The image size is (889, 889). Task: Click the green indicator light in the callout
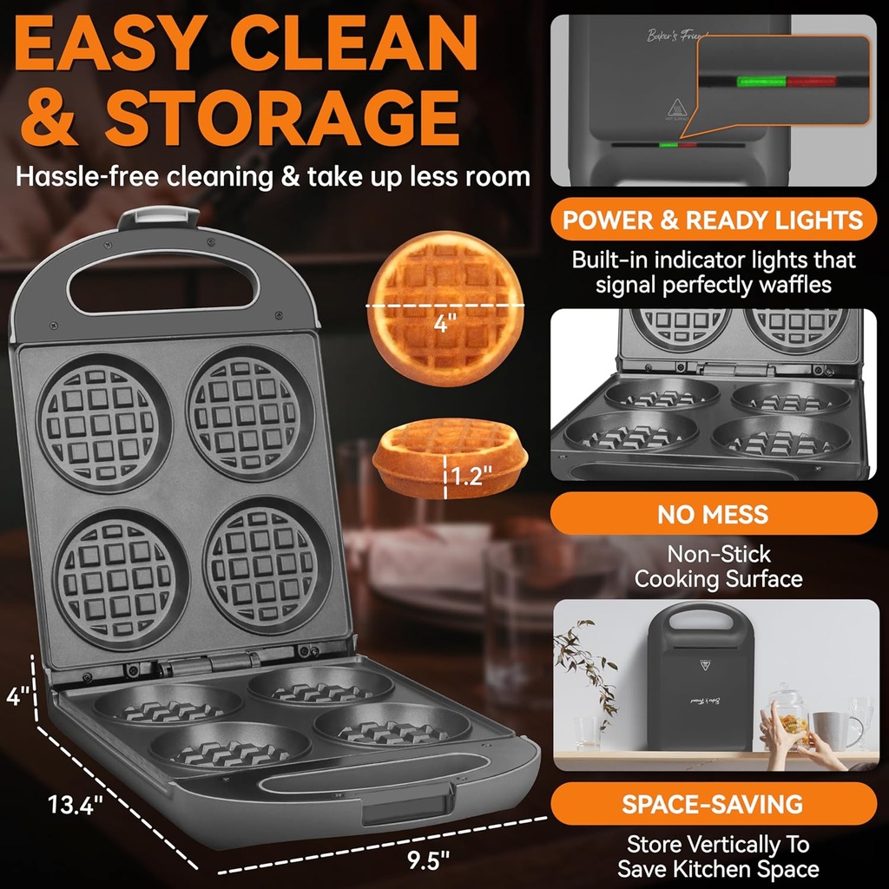761,82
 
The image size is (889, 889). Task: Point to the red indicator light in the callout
812,82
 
